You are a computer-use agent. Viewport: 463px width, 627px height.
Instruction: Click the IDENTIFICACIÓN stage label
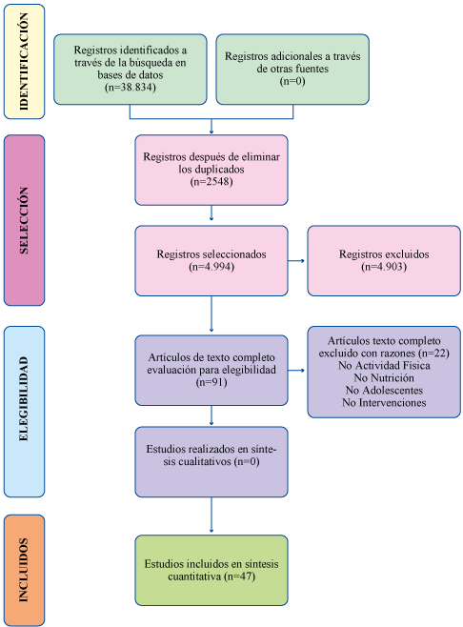tap(24, 62)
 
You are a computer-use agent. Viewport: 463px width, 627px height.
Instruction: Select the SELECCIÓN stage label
tap(24, 220)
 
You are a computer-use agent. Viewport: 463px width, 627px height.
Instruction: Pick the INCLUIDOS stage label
tap(24, 570)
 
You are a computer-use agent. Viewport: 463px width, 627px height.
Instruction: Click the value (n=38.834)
tap(131, 87)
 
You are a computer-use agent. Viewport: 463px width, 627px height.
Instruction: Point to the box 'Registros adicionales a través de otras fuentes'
tap(292, 70)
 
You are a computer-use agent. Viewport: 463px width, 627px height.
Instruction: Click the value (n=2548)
tap(211, 182)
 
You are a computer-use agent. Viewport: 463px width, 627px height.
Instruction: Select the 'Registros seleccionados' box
tap(211, 261)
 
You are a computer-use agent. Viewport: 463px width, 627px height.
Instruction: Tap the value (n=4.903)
tap(384, 267)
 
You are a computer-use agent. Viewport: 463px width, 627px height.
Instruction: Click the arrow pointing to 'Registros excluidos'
tap(296, 261)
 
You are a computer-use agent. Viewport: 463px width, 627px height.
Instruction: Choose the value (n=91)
tap(211, 382)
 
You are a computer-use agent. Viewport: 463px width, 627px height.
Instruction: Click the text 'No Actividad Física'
tap(384, 366)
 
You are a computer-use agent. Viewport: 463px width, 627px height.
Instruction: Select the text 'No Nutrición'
tap(384, 378)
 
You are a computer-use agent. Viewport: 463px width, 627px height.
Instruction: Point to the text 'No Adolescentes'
tap(384, 391)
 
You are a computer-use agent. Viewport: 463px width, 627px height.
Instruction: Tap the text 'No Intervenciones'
tap(384, 403)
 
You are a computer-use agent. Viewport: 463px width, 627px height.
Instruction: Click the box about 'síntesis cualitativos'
tap(211, 462)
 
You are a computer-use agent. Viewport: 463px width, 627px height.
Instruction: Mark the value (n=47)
tap(239, 576)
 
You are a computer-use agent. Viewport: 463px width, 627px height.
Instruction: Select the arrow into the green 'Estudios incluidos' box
tap(211, 515)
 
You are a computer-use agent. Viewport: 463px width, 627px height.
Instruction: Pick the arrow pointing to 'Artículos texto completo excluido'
tap(296, 371)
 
